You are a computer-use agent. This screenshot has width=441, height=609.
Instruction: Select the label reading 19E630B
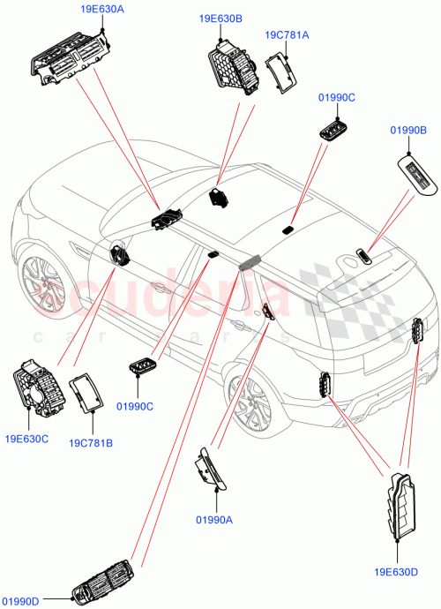click(x=220, y=18)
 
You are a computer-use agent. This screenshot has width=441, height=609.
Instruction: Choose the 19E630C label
click(x=26, y=438)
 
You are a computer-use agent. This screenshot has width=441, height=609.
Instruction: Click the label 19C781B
click(x=91, y=442)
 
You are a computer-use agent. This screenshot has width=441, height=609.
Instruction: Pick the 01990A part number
click(x=212, y=521)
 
